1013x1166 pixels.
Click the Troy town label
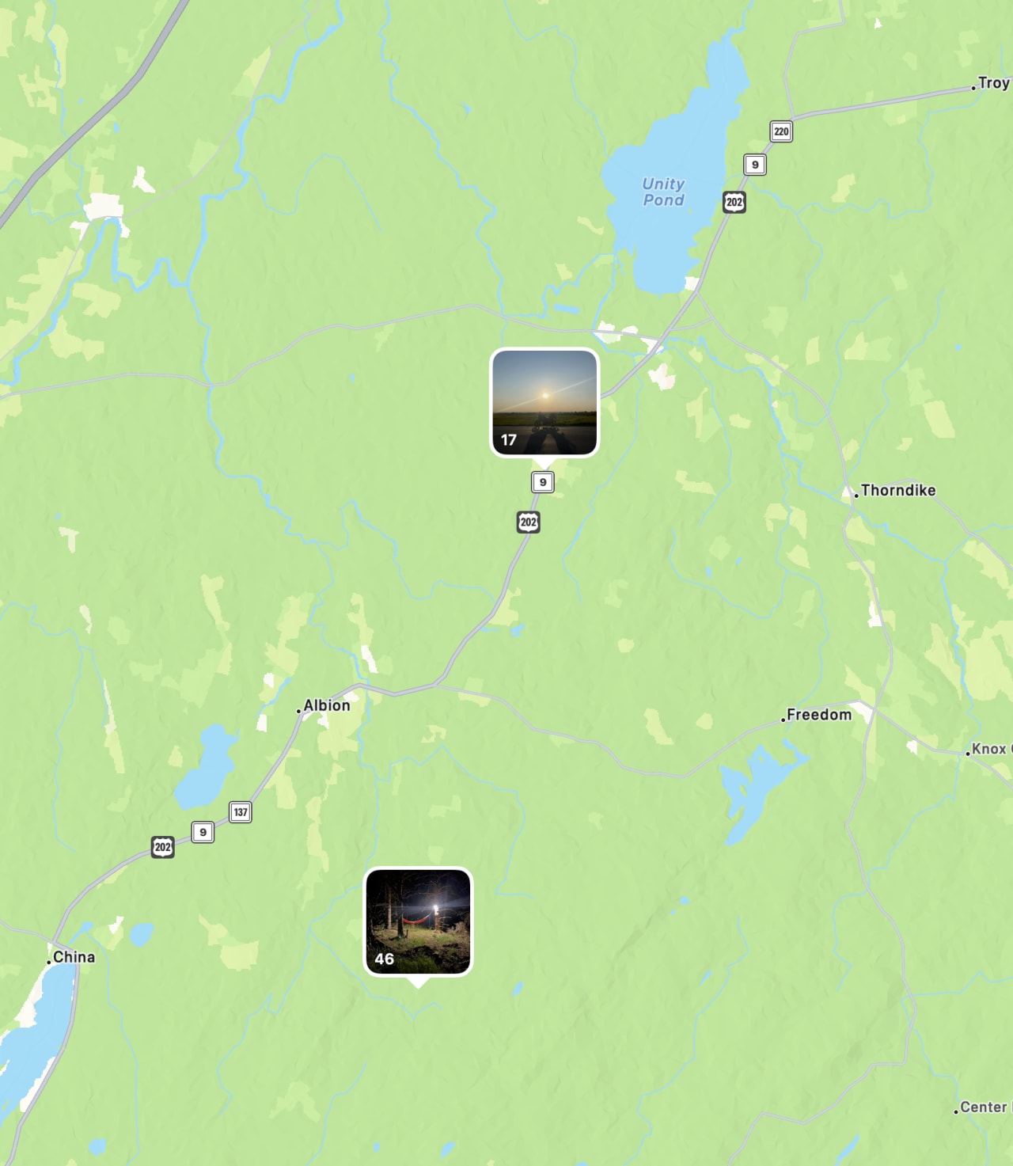click(993, 83)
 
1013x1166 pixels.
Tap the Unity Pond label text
click(663, 192)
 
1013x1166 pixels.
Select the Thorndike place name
click(898, 491)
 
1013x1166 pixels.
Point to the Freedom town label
click(819, 715)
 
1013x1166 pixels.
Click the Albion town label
click(327, 705)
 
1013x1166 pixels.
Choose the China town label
click(74, 957)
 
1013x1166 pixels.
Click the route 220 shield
click(781, 131)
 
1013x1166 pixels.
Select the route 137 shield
click(241, 812)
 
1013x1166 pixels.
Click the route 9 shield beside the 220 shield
click(755, 165)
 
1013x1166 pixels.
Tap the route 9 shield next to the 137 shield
click(203, 832)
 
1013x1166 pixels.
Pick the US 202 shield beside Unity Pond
click(734, 202)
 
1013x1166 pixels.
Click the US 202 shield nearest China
click(163, 847)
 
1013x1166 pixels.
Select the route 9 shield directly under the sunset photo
click(543, 482)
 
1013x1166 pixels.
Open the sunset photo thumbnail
click(544, 402)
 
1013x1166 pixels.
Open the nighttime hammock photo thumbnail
click(418, 921)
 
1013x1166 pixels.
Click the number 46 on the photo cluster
click(385, 959)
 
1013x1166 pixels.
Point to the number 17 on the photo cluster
click(509, 440)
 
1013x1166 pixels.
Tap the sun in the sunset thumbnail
click(544, 395)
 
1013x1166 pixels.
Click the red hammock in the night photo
click(416, 920)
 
